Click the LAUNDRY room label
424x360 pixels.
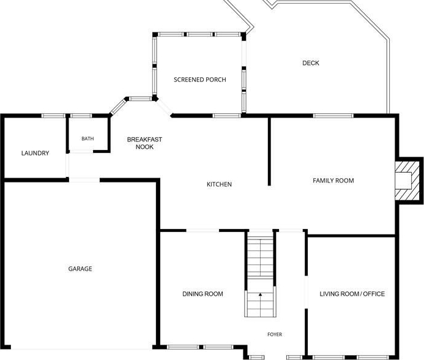[x=35, y=153]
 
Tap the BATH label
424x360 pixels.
[x=87, y=138]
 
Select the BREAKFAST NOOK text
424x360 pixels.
[x=144, y=143]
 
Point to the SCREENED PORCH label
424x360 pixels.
[x=200, y=80]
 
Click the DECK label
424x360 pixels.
[x=311, y=63]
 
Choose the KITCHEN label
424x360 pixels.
[x=219, y=184]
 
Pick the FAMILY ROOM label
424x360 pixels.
[x=333, y=181]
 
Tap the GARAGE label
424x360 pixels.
[x=80, y=269]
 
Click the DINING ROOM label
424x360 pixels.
[x=203, y=294]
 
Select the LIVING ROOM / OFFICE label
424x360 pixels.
[x=352, y=294]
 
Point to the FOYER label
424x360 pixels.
[x=275, y=334]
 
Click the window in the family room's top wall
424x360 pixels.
[x=333, y=116]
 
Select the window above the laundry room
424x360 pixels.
[x=53, y=116]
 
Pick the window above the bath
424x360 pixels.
[x=81, y=116]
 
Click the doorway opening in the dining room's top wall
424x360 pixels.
[x=203, y=231]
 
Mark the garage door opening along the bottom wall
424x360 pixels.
[x=81, y=347]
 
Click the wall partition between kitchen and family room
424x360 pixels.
[x=269, y=152]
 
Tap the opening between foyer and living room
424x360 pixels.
[x=306, y=292]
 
